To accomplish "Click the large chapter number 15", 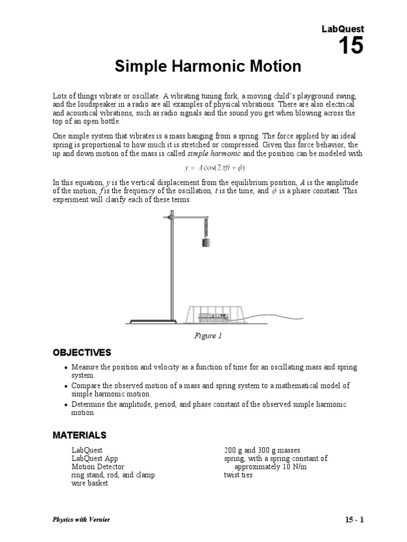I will (x=351, y=46).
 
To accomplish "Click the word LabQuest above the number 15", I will (x=343, y=29).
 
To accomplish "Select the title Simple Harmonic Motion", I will (x=208, y=67).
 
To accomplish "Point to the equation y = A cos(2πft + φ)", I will (x=208, y=168).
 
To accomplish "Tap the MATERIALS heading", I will (x=79, y=435).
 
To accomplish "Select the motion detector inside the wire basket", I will (x=213, y=318).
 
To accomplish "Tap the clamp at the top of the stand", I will (x=171, y=216).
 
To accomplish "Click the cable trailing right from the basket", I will (x=276, y=319).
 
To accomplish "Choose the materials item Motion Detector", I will (x=98, y=467).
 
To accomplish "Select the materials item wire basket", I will (x=90, y=483).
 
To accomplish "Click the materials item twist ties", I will (x=238, y=475).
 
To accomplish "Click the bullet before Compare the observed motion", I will (x=65, y=386).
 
